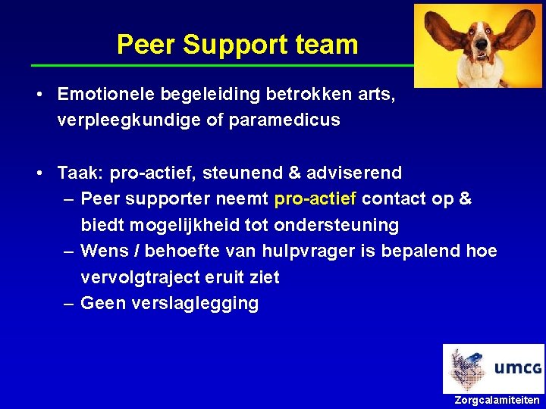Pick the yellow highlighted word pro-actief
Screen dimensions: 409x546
pyautogui.click(x=315, y=199)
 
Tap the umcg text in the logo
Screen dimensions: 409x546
pyautogui.click(x=518, y=369)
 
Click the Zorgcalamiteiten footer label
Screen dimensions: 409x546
pyautogui.click(x=497, y=400)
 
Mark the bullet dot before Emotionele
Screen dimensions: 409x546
pyautogui.click(x=39, y=95)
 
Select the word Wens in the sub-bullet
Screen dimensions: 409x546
pyautogui.click(x=100, y=251)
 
